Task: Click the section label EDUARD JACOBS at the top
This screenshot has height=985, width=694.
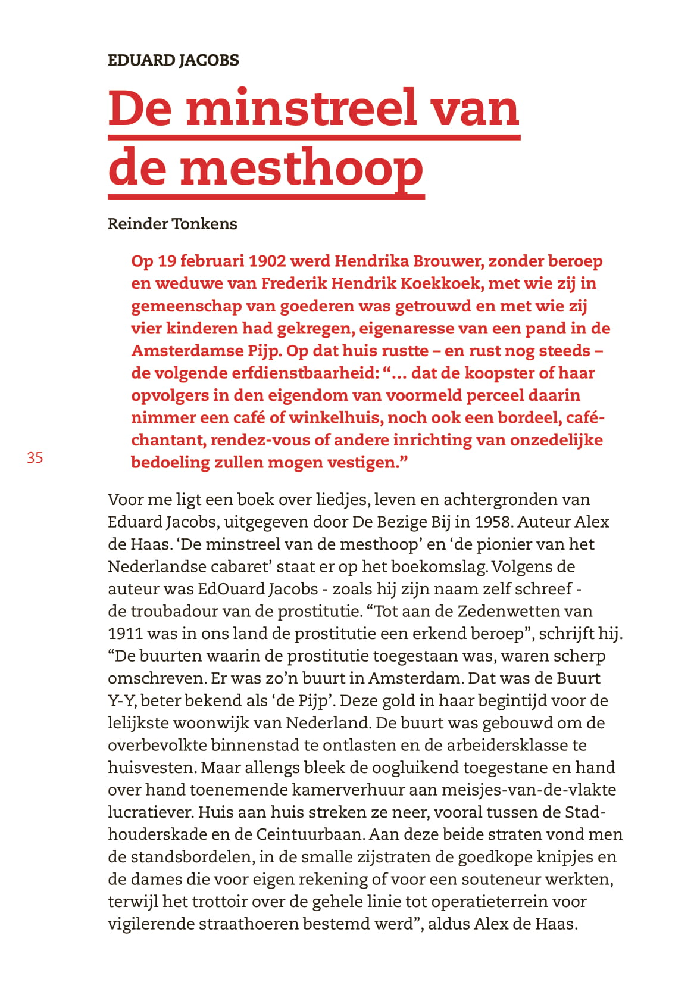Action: [173, 60]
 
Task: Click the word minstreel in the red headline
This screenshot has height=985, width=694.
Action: [301, 108]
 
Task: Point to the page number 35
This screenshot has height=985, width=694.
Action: [35, 457]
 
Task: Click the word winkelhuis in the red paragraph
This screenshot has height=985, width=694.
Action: [333, 417]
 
